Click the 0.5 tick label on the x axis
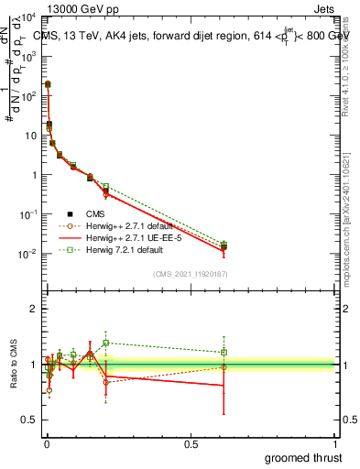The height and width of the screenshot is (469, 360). tap(191, 444)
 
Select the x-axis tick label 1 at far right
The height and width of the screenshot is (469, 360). tap(335, 444)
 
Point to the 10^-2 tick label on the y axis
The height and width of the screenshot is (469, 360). tap(27, 254)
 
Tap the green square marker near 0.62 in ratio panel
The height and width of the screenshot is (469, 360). tap(224, 352)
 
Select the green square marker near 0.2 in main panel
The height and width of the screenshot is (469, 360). tap(105, 186)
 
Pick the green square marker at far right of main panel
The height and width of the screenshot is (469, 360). tap(224, 244)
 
